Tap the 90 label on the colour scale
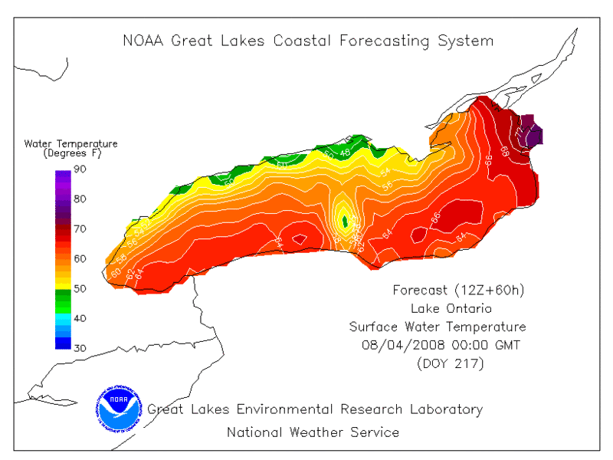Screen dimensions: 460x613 coord(80,170)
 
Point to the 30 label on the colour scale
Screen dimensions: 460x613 coord(80,348)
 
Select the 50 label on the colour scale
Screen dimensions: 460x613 coord(80,288)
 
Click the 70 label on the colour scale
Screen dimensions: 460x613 coord(80,229)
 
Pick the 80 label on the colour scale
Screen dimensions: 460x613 coord(80,199)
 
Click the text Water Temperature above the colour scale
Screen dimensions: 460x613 coord(71,143)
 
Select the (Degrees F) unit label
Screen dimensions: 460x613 coord(71,153)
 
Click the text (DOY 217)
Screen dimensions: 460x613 coord(450,363)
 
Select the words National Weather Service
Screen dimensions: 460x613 coord(313,432)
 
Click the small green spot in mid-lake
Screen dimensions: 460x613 coord(345,222)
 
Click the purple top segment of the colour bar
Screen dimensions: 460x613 coord(63,178)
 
